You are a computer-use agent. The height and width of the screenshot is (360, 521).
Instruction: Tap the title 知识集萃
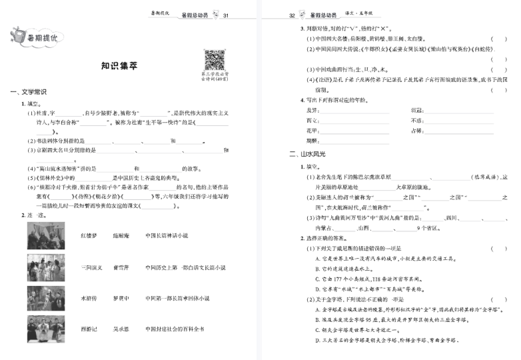(114, 66)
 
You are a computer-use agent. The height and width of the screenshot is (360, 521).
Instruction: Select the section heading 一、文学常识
(28, 91)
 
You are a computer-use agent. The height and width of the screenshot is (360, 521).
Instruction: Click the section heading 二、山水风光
(307, 154)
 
